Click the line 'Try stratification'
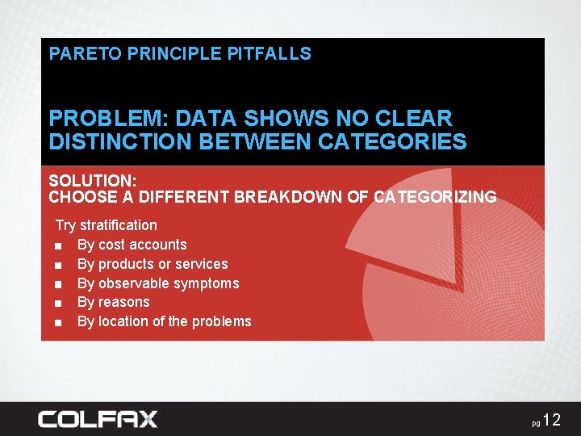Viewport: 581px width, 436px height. [106, 225]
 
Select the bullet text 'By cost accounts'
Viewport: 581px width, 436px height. [132, 245]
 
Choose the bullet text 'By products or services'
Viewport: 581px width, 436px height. [153, 264]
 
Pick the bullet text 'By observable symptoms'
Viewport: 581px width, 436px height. [158, 283]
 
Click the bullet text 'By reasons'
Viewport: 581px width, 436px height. [113, 302]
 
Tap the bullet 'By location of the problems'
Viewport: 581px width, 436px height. [164, 321]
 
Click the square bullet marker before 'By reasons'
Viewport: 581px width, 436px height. [59, 303]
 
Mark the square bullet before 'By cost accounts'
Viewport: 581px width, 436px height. [59, 245]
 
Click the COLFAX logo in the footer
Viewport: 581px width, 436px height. [98, 419]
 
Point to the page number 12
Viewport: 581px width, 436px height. [551, 419]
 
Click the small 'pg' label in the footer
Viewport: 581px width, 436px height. [536, 423]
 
